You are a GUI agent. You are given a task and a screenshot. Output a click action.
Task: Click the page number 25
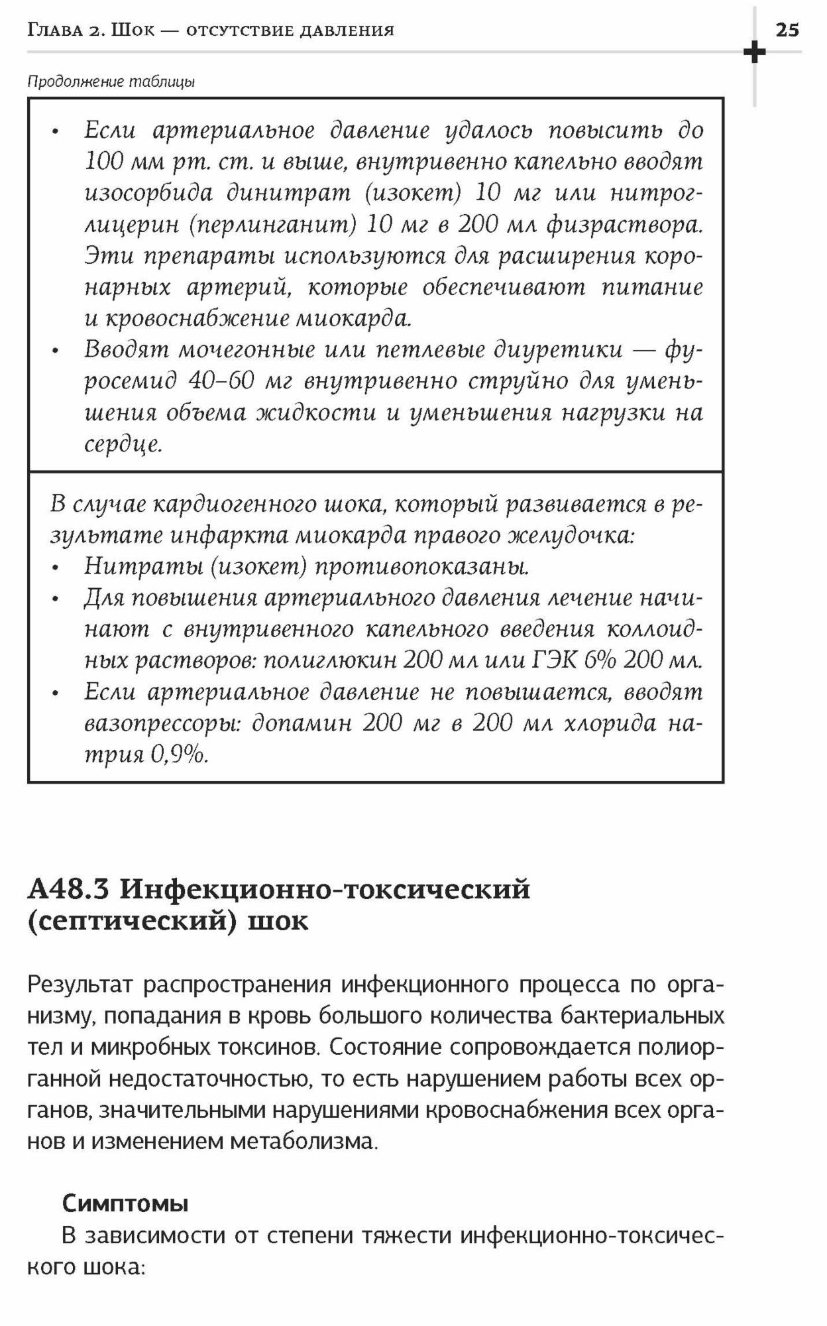pyautogui.click(x=787, y=30)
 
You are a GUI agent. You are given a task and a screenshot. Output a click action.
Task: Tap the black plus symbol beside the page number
pyautogui.click(x=754, y=52)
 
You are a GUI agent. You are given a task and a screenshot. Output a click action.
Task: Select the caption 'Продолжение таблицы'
pyautogui.click(x=111, y=82)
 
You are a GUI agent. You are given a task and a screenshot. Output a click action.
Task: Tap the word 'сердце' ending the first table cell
pyautogui.click(x=122, y=444)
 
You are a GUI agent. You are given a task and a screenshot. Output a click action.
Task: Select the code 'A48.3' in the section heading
pyautogui.click(x=68, y=889)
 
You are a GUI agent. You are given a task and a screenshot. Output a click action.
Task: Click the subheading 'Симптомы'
pyautogui.click(x=125, y=1203)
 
